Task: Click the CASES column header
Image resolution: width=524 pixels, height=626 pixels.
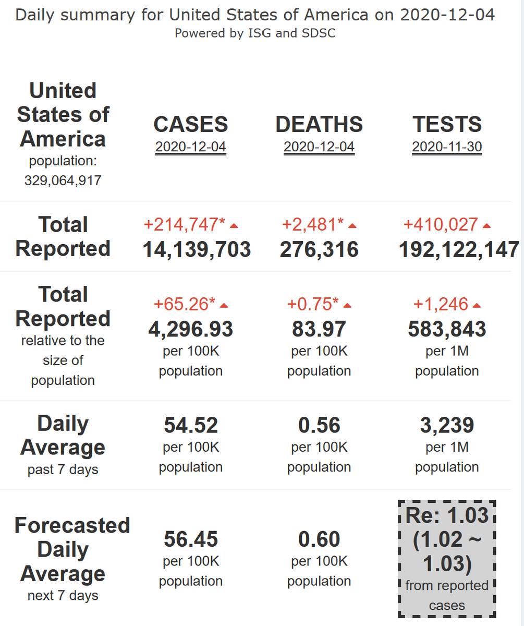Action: coord(190,124)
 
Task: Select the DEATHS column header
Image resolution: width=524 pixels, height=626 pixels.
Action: coord(319,124)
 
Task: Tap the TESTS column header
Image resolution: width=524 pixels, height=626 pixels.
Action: coord(447,124)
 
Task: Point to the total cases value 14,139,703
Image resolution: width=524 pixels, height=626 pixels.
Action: coord(197,249)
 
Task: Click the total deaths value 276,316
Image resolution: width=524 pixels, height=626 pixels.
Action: coord(319,249)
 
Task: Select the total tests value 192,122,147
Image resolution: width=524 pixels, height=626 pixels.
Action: coord(459,249)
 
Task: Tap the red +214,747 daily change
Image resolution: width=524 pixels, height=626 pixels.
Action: coord(185,224)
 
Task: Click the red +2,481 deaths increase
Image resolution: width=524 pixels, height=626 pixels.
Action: coord(313,224)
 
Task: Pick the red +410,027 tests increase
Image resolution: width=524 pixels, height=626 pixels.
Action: coord(441,224)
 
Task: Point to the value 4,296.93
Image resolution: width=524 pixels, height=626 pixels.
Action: coord(190,329)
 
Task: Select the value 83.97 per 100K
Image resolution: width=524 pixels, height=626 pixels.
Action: coord(319,329)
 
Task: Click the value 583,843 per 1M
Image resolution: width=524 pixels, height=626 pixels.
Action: coord(447,329)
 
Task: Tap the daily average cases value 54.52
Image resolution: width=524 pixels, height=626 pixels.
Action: coord(190,425)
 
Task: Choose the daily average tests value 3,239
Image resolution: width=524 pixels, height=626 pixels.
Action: coord(447,425)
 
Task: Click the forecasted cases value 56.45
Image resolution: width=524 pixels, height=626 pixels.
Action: coord(190,539)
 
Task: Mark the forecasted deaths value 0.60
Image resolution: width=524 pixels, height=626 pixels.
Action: coord(319,539)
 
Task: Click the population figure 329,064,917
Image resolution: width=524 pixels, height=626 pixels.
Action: coord(63,180)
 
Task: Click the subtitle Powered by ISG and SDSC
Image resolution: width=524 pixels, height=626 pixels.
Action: coord(255,33)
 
